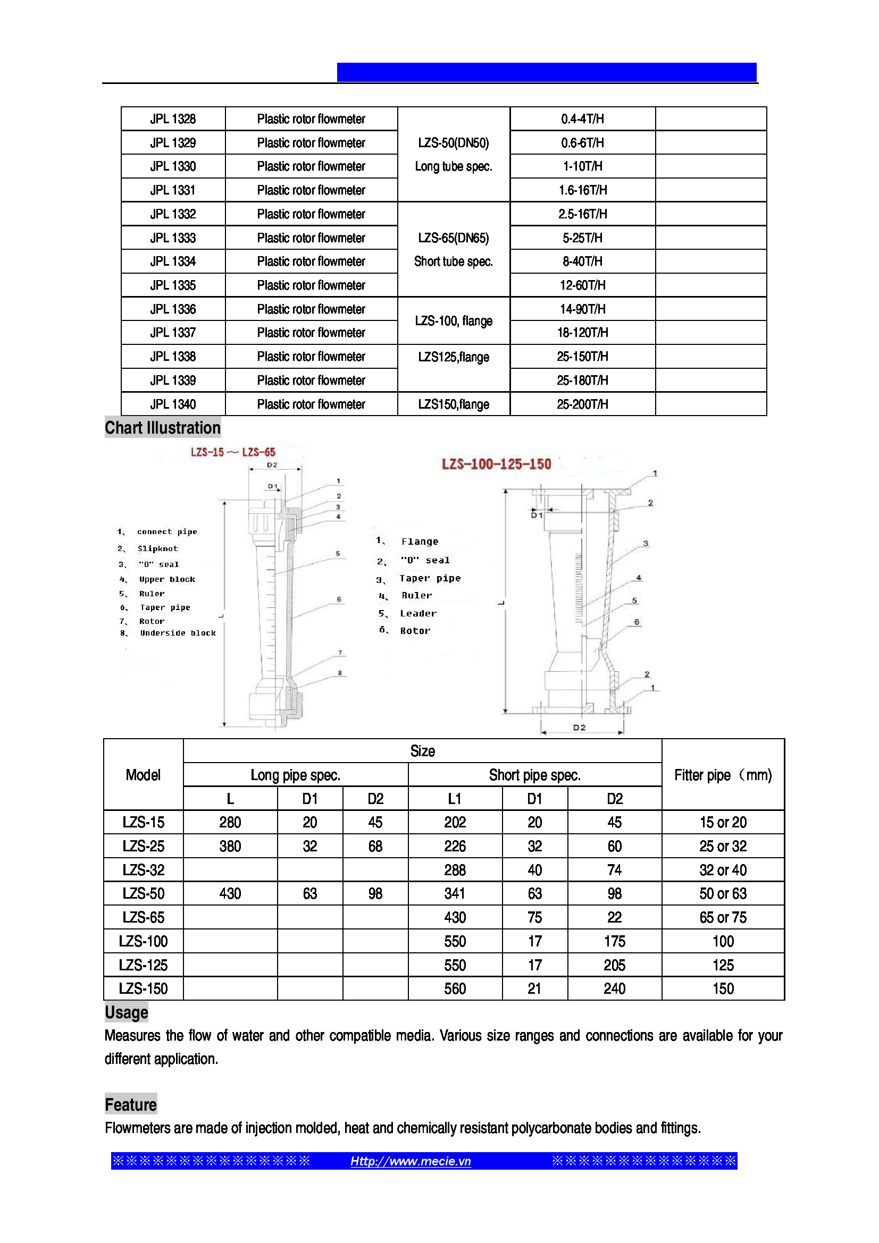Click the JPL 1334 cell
pyautogui.click(x=173, y=261)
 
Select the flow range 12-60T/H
pyautogui.click(x=582, y=285)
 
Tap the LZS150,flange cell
pyautogui.click(x=453, y=404)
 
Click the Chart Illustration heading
pyautogui.click(x=163, y=428)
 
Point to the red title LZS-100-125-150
pyautogui.click(x=496, y=464)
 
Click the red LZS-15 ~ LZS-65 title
pyautogui.click(x=233, y=452)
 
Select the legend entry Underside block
pyautogui.click(x=178, y=633)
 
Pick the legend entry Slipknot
pyautogui.click(x=157, y=548)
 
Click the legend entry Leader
pyautogui.click(x=418, y=613)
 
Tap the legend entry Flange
pyautogui.click(x=420, y=542)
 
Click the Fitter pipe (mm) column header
pyautogui.click(x=723, y=775)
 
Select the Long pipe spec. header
pyautogui.click(x=295, y=775)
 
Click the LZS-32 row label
pyautogui.click(x=144, y=870)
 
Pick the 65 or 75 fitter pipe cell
pyautogui.click(x=723, y=918)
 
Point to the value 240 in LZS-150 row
pyautogui.click(x=615, y=989)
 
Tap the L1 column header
pyautogui.click(x=455, y=799)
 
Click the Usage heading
pyautogui.click(x=126, y=1012)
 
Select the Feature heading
pyautogui.click(x=130, y=1104)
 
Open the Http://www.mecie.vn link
pyautogui.click(x=411, y=1161)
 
